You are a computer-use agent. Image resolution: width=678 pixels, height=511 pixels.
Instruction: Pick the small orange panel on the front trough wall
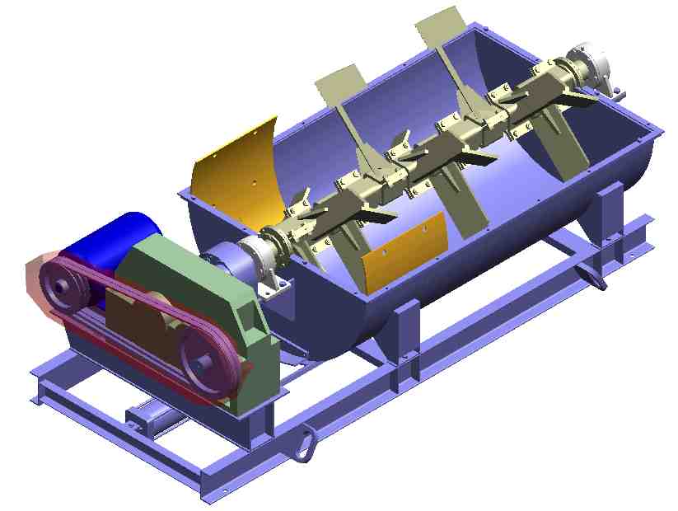pos(404,252)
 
